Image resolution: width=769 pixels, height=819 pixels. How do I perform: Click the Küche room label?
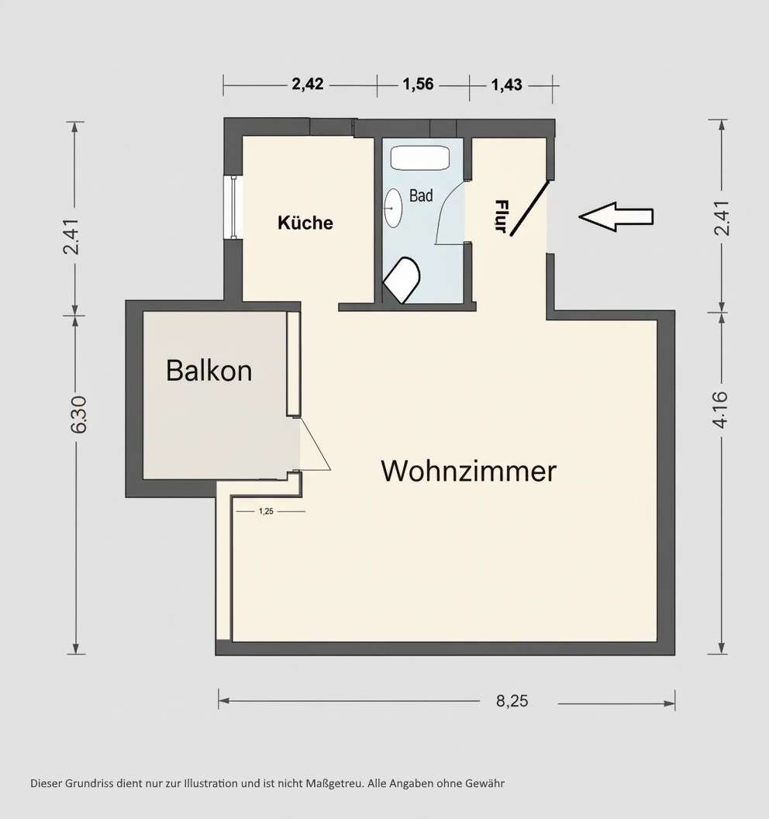305,223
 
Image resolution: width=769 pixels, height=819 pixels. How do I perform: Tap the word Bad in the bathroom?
421,195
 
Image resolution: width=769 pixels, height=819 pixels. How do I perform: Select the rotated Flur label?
501,217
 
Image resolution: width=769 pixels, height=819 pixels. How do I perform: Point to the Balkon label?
209,371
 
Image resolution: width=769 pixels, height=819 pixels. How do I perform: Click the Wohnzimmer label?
468,471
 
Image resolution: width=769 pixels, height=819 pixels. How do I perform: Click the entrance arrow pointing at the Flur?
616,217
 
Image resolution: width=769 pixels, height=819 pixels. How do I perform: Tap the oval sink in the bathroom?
393,208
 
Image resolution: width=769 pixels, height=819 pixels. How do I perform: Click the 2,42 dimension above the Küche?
308,85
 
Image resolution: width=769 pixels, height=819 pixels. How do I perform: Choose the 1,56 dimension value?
419,85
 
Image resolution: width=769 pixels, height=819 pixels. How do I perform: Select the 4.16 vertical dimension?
721,409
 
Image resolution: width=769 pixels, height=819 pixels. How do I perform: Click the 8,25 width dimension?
512,701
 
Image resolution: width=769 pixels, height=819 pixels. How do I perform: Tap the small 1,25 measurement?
266,511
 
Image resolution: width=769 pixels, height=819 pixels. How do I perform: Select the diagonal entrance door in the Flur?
529,208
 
